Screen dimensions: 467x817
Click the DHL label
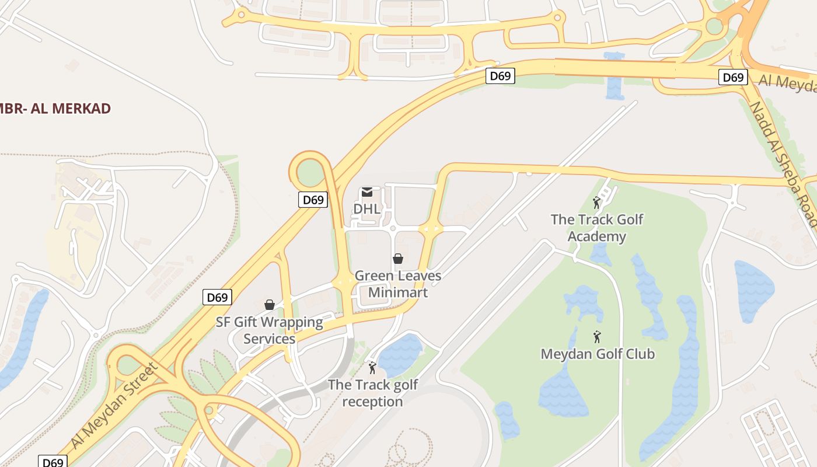point(367,208)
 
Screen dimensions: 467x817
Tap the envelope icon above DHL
point(367,192)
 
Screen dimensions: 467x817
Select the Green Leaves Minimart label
point(397,284)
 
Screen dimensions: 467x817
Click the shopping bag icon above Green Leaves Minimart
point(398,258)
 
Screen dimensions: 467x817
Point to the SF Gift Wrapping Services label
point(269,330)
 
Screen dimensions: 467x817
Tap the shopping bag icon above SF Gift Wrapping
point(270,305)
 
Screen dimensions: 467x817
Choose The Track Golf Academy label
point(597,228)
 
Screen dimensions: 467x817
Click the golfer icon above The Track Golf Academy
point(596,203)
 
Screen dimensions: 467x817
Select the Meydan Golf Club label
point(598,354)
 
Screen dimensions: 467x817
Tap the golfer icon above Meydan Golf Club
point(597,337)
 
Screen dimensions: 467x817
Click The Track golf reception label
point(373,393)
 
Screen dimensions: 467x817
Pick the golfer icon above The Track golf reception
point(372,368)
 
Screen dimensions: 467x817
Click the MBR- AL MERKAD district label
point(55,109)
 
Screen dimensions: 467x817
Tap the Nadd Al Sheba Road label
point(782,163)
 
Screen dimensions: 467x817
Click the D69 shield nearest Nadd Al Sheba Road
point(733,77)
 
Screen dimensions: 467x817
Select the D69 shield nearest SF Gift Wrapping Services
point(217,297)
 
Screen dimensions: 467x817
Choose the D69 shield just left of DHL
point(313,200)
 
